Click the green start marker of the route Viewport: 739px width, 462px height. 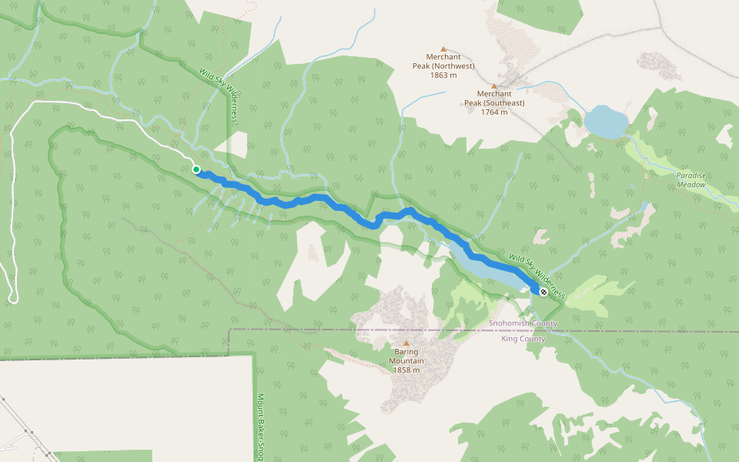196,169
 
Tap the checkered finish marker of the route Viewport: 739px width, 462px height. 544,292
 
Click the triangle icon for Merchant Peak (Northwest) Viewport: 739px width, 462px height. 443,48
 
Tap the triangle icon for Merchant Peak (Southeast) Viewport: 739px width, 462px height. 493,85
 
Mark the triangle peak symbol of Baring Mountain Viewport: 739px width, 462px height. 406,343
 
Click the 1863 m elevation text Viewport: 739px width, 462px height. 443,75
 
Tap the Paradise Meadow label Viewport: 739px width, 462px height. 691,179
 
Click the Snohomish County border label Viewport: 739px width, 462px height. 523,323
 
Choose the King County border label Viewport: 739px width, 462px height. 523,339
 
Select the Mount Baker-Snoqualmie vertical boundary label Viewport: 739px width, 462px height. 260,427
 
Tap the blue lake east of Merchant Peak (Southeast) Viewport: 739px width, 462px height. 605,122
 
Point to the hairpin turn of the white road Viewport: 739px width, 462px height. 12,300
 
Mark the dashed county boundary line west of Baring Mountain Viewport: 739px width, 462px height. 308,330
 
